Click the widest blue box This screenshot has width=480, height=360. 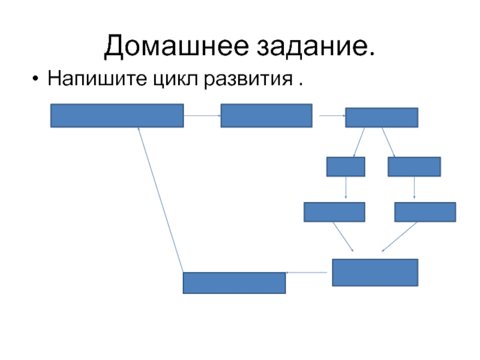click(117, 116)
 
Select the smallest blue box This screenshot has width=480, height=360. click(346, 166)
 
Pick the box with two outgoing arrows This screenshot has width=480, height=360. click(382, 118)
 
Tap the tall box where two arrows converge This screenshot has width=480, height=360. click(375, 272)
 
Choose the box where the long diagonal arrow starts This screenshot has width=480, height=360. click(234, 283)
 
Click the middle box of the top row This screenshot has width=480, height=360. click(266, 116)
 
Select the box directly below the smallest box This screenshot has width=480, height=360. click(334, 212)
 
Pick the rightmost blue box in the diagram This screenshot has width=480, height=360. click(425, 212)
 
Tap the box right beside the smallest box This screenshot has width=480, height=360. click(414, 166)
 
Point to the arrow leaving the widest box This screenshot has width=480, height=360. click(202, 115)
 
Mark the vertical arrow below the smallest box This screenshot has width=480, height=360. click(346, 188)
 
